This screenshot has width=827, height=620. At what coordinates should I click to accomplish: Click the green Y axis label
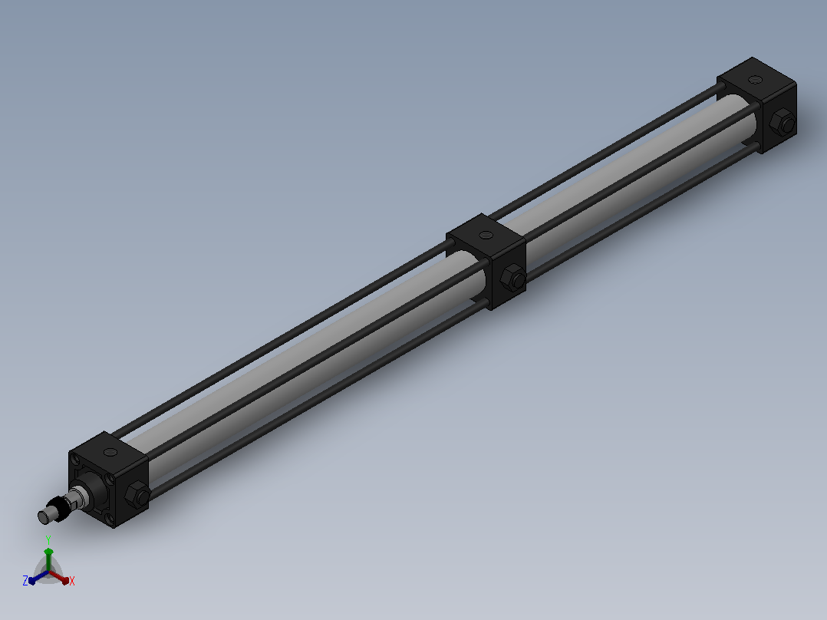pos(48,540)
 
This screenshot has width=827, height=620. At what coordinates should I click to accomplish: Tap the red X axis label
pos(72,581)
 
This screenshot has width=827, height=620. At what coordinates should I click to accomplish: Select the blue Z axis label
pos(25,581)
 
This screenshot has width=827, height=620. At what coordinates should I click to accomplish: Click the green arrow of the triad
pos(48,559)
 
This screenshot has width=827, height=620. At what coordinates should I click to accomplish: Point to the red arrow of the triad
pos(59,577)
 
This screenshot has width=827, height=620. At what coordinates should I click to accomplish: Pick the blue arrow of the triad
pos(38,578)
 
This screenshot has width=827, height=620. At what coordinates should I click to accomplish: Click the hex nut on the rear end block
pos(783,124)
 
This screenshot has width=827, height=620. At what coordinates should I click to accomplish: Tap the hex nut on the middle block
pos(512,278)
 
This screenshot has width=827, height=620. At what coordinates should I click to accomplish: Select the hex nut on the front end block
pos(137,494)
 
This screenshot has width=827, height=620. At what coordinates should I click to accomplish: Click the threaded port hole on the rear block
pos(757,81)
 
